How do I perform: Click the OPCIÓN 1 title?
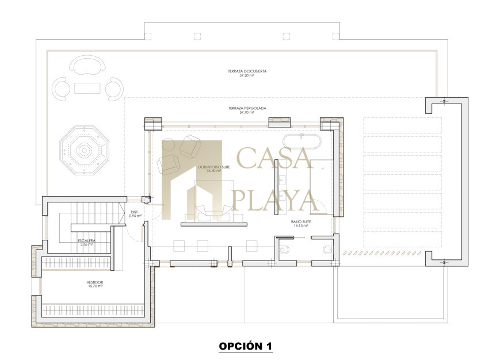pos(246,346)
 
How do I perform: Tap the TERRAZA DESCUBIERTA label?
pos(247,71)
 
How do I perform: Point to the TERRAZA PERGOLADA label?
pos(247,108)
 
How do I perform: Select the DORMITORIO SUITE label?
pos(214,167)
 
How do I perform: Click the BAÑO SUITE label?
pos(301,221)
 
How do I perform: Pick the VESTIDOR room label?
pos(95,282)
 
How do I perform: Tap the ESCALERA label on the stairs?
pos(86,241)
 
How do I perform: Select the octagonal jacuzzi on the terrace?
pos(84,150)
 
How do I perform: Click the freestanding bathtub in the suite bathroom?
pos(302,141)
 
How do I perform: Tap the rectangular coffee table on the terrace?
pos(87,89)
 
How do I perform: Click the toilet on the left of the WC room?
pos(284,250)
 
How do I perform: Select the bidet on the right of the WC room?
pos(328,250)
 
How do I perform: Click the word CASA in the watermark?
pos(275,158)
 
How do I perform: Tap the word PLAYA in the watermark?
pos(275,200)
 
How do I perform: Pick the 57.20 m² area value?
pos(247,75)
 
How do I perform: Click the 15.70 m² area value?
pos(95,286)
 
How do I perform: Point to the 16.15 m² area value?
pos(301,225)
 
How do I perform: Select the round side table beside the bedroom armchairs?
pos(168,145)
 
